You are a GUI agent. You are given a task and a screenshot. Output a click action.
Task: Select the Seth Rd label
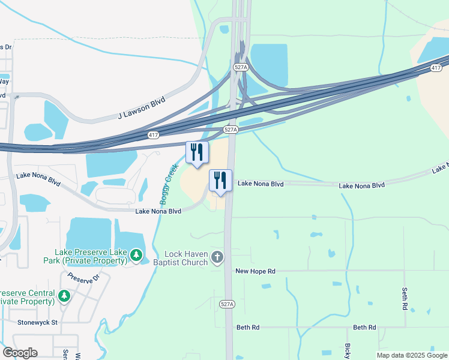405,298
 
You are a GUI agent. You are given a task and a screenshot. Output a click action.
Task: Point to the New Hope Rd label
255,271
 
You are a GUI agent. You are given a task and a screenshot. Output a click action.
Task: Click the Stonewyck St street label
37,322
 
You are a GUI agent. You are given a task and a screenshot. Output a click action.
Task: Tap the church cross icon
217,258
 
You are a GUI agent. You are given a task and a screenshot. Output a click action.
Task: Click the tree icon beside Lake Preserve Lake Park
137,256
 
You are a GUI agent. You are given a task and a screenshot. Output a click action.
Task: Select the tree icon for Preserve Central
64,296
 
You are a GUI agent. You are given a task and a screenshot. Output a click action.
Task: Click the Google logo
20,353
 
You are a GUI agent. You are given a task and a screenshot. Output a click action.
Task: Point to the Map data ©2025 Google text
411,355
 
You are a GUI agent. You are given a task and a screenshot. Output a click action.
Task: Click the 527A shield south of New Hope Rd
227,305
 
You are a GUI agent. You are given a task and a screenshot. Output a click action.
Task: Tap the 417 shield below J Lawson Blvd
154,136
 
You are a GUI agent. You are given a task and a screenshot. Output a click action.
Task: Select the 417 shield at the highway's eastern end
436,69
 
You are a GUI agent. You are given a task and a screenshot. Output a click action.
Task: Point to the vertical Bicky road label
348,351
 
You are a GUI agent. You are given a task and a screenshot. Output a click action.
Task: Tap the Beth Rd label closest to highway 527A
247,328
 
